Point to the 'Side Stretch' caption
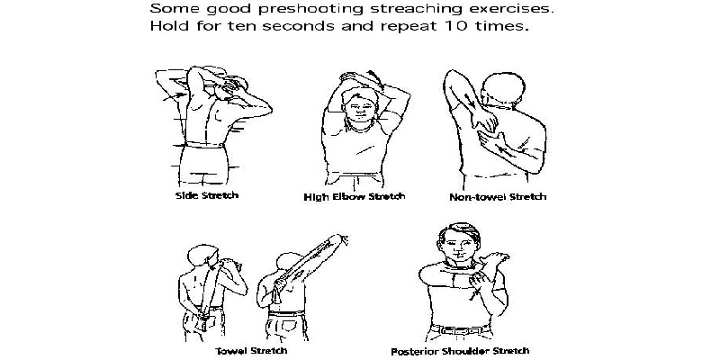pyautogui.click(x=207, y=195)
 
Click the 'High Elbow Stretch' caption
pyautogui.click(x=355, y=197)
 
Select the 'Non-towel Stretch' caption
pyautogui.click(x=498, y=197)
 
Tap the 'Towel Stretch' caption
pyautogui.click(x=251, y=351)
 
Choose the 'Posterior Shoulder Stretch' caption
pyautogui.click(x=460, y=351)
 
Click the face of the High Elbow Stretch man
pyautogui.click(x=359, y=110)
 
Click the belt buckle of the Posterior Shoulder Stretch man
pyautogui.click(x=460, y=329)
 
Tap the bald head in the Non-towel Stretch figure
pyautogui.click(x=504, y=88)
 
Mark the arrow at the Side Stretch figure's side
pyautogui.click(x=175, y=96)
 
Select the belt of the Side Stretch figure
pyautogui.click(x=205, y=145)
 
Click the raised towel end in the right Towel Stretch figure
pyautogui.click(x=341, y=239)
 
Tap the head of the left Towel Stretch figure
pyautogui.click(x=202, y=256)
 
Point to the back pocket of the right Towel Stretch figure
pyautogui.click(x=288, y=328)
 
